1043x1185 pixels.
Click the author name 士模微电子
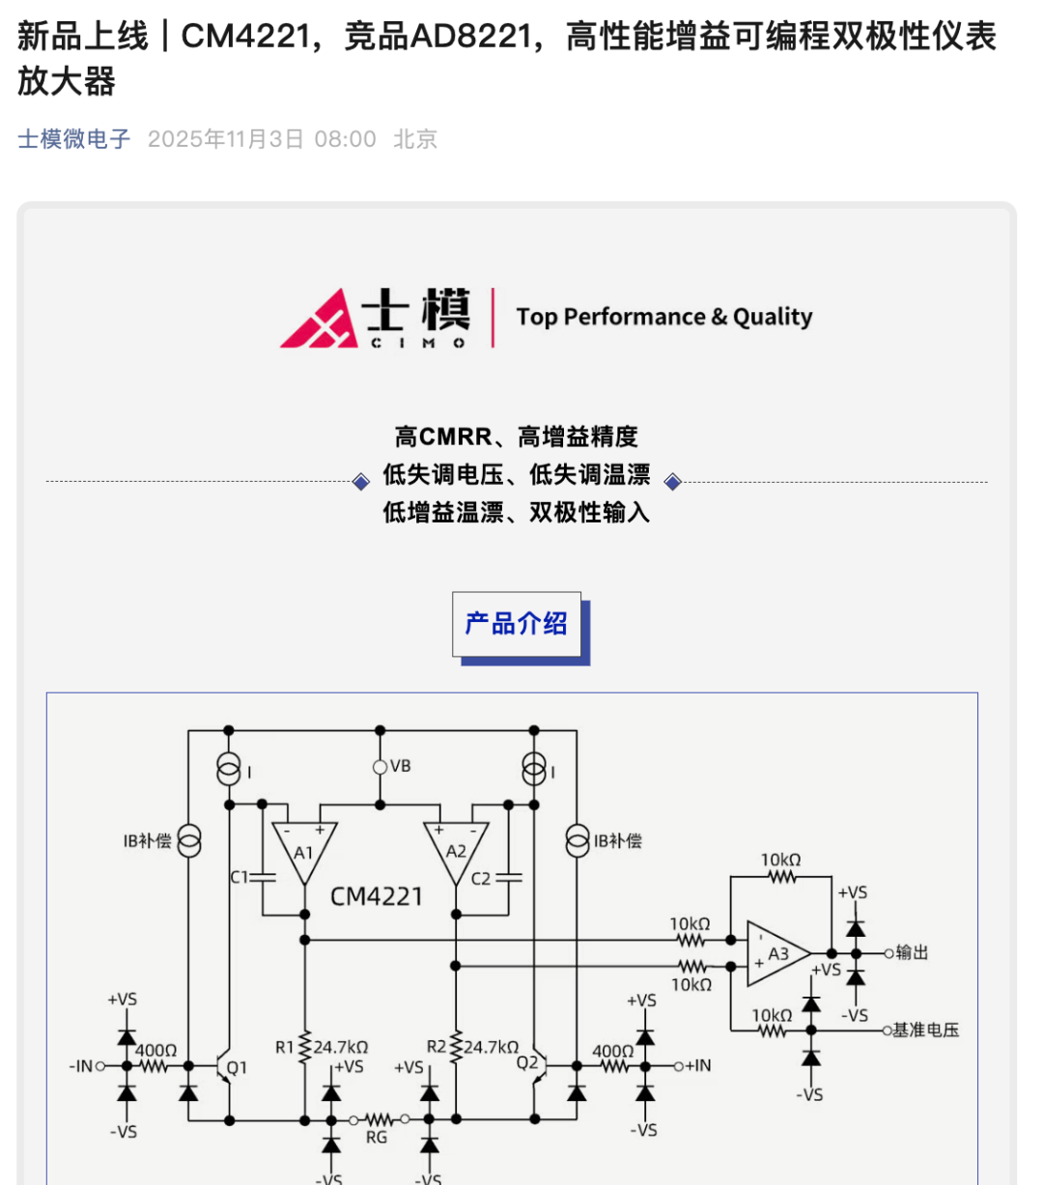(73, 139)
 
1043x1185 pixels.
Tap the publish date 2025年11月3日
(225, 139)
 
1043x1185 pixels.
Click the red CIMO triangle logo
(320, 319)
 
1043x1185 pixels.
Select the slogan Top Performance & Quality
(663, 317)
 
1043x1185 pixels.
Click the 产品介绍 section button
(517, 624)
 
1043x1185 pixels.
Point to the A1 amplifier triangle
(304, 851)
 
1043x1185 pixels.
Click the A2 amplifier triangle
(456, 851)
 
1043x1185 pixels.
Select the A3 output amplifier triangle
(776, 953)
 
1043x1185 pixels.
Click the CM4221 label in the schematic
(377, 896)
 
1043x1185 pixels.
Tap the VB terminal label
(400, 766)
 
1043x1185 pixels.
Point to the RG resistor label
(377, 1138)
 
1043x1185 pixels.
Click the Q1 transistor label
(237, 1067)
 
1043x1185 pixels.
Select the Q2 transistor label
(526, 1062)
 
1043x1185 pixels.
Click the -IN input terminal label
(81, 1066)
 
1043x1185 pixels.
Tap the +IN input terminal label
(697, 1065)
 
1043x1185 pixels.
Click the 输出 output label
(912, 953)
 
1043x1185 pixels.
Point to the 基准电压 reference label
(924, 1030)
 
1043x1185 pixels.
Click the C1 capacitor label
(240, 877)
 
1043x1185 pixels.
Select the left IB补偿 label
(147, 841)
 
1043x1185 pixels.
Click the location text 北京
(415, 139)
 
